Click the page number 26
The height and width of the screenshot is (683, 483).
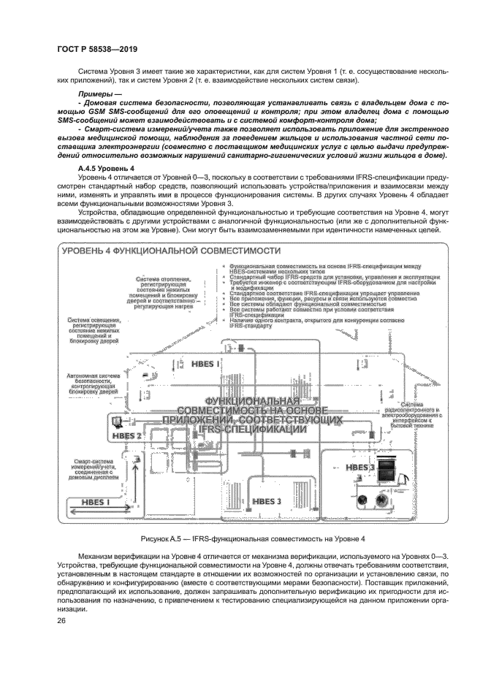pyautogui.click(x=61, y=621)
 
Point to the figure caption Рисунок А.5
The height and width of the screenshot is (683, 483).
pyautogui.click(x=241, y=538)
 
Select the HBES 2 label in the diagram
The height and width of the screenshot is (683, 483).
pyautogui.click(x=126, y=435)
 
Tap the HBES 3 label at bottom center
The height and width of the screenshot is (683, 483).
pyautogui.click(x=266, y=501)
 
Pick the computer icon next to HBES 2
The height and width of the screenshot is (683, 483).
pyautogui.click(x=114, y=421)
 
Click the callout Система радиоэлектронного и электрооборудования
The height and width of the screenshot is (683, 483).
pyautogui.click(x=417, y=415)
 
